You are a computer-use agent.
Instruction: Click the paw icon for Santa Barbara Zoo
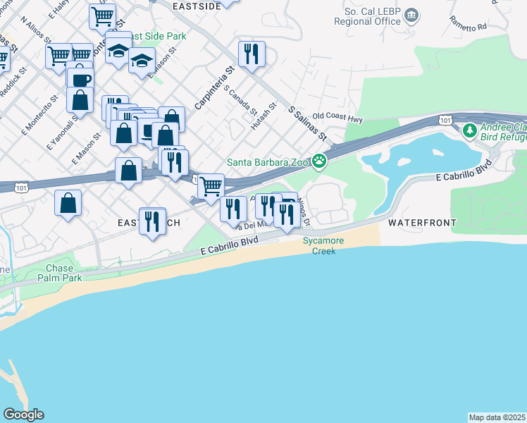[319, 162]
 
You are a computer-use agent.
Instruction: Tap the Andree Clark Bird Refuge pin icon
[470, 130]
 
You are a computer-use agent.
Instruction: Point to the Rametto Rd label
[471, 27]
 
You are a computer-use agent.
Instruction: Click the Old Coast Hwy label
[337, 118]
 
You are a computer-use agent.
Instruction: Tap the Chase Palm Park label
[65, 273]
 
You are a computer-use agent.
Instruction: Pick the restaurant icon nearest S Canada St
[252, 54]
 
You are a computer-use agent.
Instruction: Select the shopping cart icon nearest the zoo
[211, 186]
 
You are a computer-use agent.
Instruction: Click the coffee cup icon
[80, 79]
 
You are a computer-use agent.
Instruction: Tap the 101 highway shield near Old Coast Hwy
[445, 119]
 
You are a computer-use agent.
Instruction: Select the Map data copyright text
[497, 417]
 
